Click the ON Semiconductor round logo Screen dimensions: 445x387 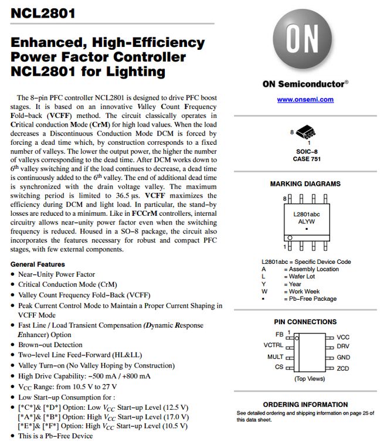[x=305, y=40]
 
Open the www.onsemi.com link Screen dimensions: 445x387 [x=305, y=100]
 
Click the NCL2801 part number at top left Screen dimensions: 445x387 [x=43, y=13]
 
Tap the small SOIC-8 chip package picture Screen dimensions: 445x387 [x=305, y=131]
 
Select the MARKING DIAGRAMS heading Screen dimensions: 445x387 [x=305, y=184]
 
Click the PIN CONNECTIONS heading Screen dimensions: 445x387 [x=305, y=322]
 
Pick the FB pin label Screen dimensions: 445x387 [x=279, y=334]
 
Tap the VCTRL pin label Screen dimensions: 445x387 [x=273, y=345]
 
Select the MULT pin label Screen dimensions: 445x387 [x=275, y=356]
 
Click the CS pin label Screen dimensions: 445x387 [x=279, y=367]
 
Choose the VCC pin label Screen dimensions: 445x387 [x=343, y=338]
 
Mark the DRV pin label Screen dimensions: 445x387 [x=343, y=347]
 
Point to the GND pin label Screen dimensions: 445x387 [x=343, y=357]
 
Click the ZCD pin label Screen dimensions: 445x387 [x=343, y=368]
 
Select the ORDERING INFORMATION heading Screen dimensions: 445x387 [x=305, y=405]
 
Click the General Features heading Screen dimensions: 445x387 [x=38, y=264]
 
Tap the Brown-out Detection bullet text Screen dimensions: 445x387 [x=50, y=345]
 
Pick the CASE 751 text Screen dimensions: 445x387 [x=305, y=159]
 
